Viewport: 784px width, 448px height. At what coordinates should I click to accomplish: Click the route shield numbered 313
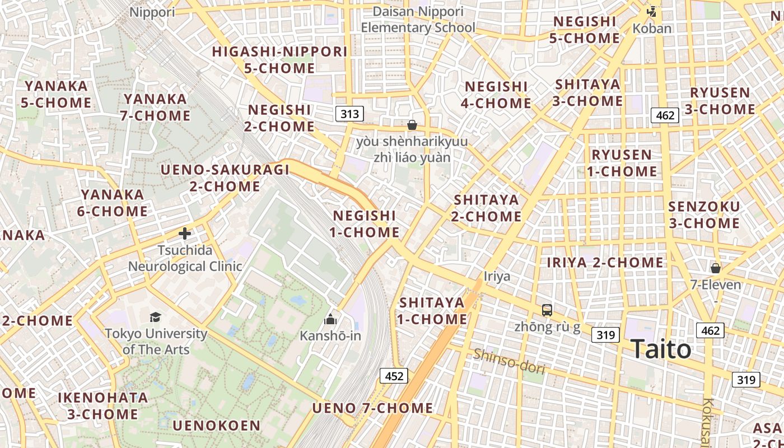click(x=349, y=114)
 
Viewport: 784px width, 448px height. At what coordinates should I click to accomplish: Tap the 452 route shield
click(x=394, y=376)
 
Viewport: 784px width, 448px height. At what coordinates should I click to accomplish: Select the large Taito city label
click(x=661, y=349)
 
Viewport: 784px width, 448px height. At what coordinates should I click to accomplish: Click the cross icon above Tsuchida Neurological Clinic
click(x=185, y=234)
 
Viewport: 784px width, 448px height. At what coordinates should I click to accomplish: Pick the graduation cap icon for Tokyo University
click(x=156, y=318)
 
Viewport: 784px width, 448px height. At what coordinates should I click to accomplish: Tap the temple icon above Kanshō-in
click(x=330, y=319)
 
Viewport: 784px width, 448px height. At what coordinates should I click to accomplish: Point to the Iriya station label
click(x=497, y=276)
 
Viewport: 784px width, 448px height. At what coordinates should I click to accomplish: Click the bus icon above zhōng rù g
click(x=547, y=310)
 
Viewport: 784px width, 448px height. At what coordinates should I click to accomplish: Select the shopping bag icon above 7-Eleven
click(x=715, y=268)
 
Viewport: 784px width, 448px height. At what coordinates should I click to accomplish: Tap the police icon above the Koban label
click(x=652, y=11)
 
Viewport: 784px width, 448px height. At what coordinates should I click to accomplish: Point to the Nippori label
click(x=152, y=12)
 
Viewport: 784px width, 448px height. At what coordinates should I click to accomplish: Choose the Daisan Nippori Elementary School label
click(x=418, y=20)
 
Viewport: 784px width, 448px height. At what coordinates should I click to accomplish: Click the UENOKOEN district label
click(x=216, y=426)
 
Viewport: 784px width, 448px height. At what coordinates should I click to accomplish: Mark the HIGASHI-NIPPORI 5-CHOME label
click(x=279, y=60)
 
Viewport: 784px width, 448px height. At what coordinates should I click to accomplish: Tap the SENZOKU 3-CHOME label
click(x=704, y=214)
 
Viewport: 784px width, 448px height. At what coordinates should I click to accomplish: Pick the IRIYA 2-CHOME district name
click(x=605, y=262)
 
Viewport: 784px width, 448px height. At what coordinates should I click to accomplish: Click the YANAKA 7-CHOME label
click(x=156, y=107)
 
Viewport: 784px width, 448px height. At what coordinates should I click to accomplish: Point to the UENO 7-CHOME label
click(x=372, y=408)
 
